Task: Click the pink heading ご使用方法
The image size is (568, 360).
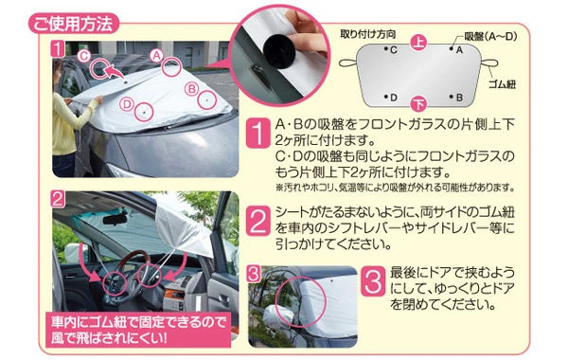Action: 74,24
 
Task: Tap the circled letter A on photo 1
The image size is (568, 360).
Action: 156,56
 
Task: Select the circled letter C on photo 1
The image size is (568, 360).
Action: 84,56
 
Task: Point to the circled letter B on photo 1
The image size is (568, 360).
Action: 191,88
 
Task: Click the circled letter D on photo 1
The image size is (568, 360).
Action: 127,104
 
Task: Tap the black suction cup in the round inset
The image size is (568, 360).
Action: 279,51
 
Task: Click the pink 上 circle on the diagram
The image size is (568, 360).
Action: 418,43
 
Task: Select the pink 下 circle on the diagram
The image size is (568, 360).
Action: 419,104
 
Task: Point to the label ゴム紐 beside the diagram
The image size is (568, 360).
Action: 502,84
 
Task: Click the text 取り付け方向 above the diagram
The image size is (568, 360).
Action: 367,34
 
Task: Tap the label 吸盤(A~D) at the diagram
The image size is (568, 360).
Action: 490,36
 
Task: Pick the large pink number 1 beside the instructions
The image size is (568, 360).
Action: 257,133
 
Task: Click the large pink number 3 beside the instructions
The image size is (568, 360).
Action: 373,281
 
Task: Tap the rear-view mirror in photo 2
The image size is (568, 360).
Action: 116,220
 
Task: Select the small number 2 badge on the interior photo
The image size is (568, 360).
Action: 58,199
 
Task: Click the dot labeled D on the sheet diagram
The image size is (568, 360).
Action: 387,97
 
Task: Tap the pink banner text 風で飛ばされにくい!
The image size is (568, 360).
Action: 110,338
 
